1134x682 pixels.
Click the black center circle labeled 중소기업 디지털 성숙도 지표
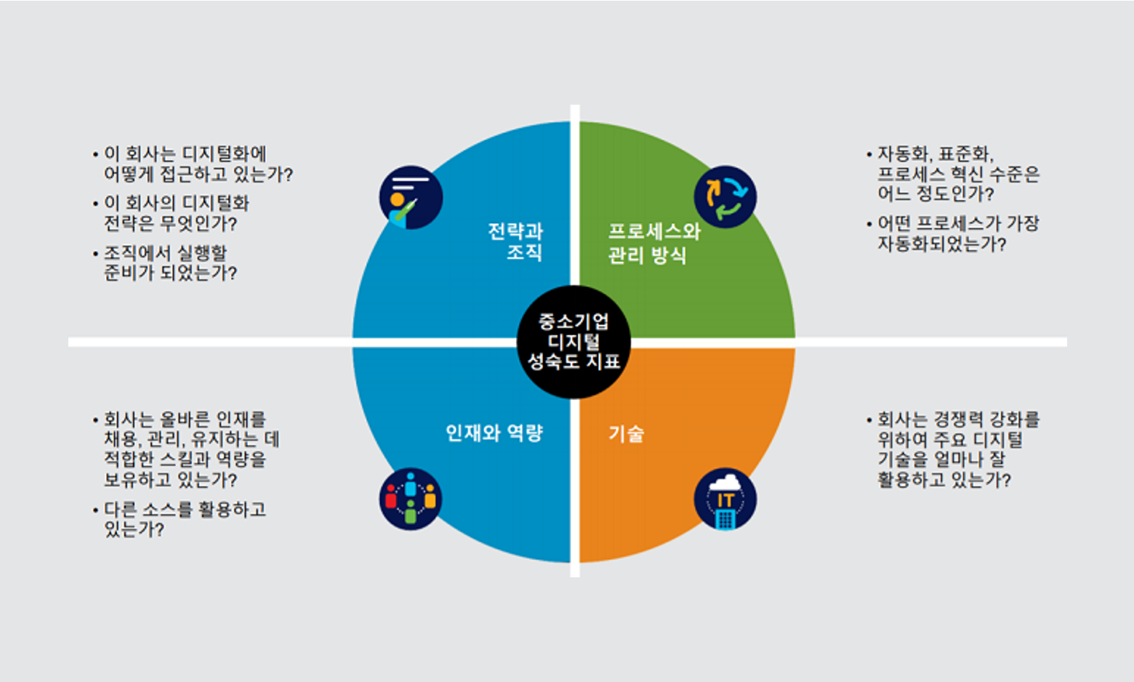(x=574, y=342)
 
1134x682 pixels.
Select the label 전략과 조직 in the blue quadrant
(x=516, y=241)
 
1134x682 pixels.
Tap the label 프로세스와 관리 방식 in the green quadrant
(x=653, y=243)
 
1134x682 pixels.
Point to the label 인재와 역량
(x=494, y=433)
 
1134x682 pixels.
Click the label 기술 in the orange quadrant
(x=626, y=434)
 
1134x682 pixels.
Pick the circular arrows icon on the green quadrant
(x=725, y=197)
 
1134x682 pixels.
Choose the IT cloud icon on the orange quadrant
(x=725, y=500)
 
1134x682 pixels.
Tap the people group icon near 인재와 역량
(x=411, y=500)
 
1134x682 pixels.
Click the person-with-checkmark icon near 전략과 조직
(x=411, y=198)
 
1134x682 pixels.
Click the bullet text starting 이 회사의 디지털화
(x=174, y=213)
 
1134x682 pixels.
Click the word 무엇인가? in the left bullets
(x=198, y=224)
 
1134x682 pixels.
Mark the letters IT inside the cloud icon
(x=725, y=500)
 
